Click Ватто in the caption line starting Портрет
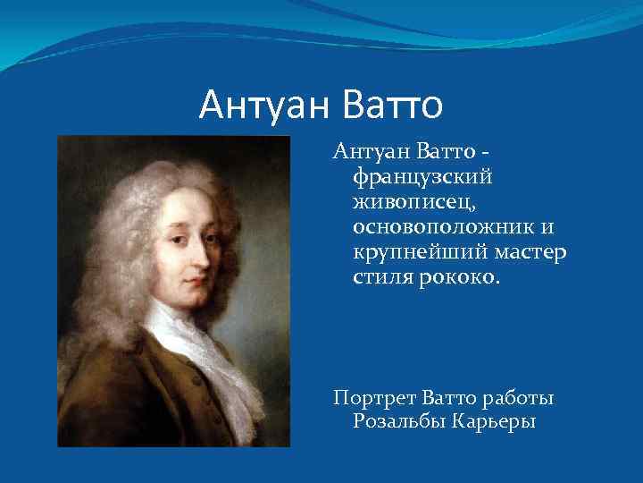(x=450, y=396)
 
